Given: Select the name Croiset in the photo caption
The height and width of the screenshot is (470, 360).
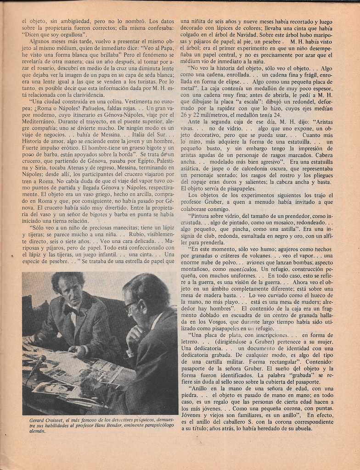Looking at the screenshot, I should coord(54,420).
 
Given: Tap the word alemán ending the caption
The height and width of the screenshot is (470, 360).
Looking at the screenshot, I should coord(37,431).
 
